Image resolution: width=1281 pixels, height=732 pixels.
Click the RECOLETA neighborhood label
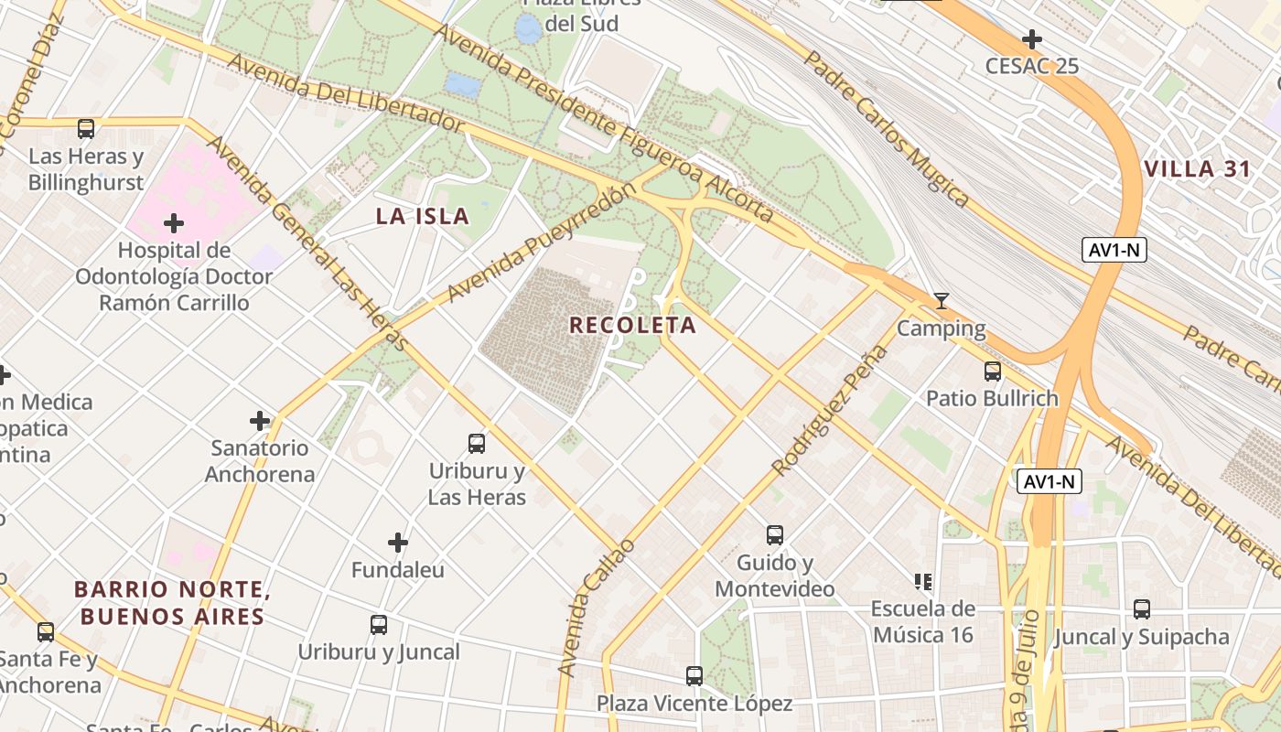pyautogui.click(x=632, y=325)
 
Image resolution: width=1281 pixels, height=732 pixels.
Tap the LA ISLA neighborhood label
pyautogui.click(x=423, y=217)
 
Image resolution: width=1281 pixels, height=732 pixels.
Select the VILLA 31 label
pyautogui.click(x=1197, y=169)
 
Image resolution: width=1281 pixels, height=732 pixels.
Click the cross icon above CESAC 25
pyautogui.click(x=1032, y=39)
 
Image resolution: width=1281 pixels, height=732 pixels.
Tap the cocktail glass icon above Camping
pyautogui.click(x=941, y=301)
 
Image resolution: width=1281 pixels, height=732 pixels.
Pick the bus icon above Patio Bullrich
pyautogui.click(x=993, y=371)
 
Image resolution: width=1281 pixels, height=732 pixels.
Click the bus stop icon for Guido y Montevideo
pyautogui.click(x=775, y=535)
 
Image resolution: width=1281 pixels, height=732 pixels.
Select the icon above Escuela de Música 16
pyautogui.click(x=923, y=581)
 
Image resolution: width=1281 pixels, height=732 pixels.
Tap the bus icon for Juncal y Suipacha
pyautogui.click(x=1142, y=609)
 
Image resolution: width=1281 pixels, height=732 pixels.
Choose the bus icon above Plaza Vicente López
pyautogui.click(x=694, y=676)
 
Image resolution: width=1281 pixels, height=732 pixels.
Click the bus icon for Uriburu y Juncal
pyautogui.click(x=379, y=625)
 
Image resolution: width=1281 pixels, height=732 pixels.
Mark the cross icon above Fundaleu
pyautogui.click(x=398, y=543)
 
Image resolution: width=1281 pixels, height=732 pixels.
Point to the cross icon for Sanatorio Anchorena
pyautogui.click(x=260, y=421)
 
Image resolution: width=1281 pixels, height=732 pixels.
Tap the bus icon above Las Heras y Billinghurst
pyautogui.click(x=86, y=129)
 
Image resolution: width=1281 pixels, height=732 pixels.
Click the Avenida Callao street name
pyautogui.click(x=596, y=608)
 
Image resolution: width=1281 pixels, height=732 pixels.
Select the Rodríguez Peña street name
pyautogui.click(x=830, y=411)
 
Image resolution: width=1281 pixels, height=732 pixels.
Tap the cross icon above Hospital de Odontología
pyautogui.click(x=173, y=223)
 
